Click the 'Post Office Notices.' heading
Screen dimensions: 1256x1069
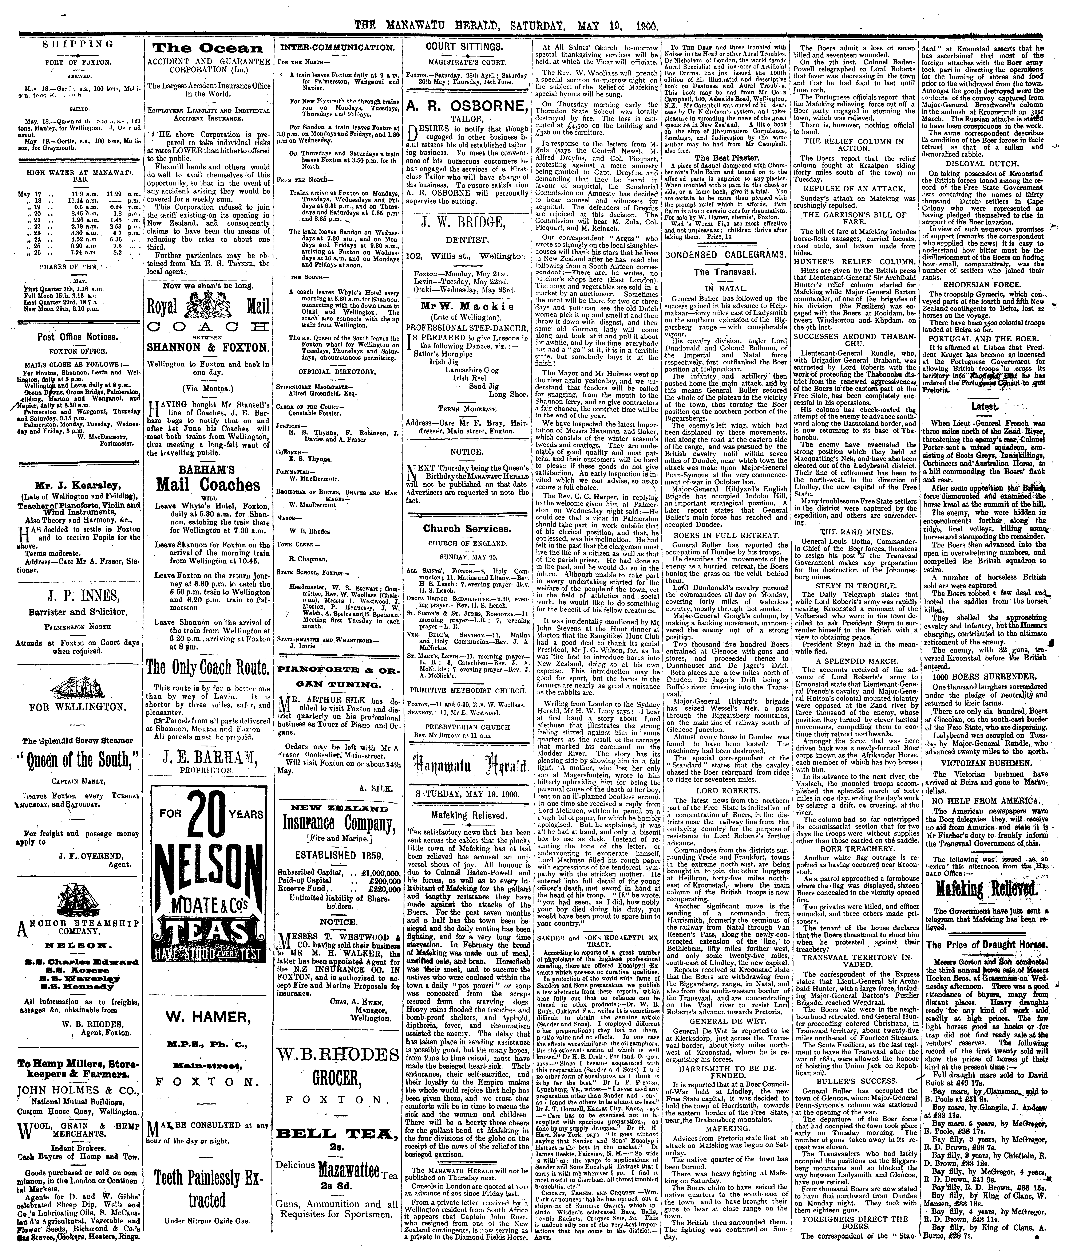(x=75, y=336)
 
